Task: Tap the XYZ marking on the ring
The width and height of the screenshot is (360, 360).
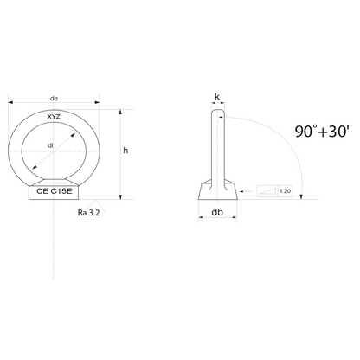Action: coord(55,115)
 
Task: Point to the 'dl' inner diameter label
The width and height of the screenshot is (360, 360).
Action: coord(52,145)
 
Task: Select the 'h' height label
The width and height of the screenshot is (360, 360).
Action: coord(125,151)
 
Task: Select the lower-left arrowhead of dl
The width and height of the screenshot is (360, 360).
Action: coord(33,170)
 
